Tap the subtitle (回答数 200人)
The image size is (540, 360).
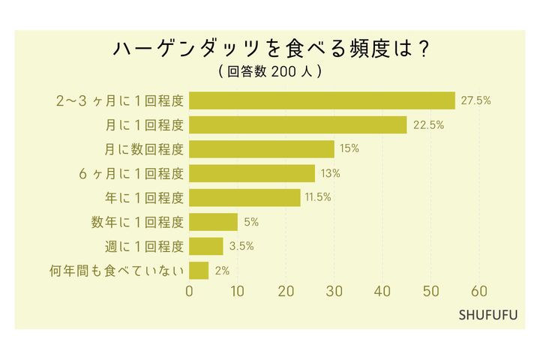pos(270,72)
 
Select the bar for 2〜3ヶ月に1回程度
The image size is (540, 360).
pos(322,100)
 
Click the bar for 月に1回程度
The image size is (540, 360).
pos(298,124)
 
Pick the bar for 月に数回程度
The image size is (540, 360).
pos(262,149)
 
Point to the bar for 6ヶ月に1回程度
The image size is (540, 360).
pos(252,173)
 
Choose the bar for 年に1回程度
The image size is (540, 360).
pos(244,198)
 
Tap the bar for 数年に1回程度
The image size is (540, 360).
pos(213,222)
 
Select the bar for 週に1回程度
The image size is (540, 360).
pos(206,246)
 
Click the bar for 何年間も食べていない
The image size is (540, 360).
pos(199,270)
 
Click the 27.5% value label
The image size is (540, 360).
pos(476,100)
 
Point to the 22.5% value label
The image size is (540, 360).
pos(429,124)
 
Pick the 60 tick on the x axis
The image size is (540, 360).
pos(479,292)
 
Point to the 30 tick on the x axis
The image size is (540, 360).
pos(334,292)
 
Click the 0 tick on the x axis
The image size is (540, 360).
pos(190,292)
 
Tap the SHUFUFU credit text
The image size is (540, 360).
pos(488,314)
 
